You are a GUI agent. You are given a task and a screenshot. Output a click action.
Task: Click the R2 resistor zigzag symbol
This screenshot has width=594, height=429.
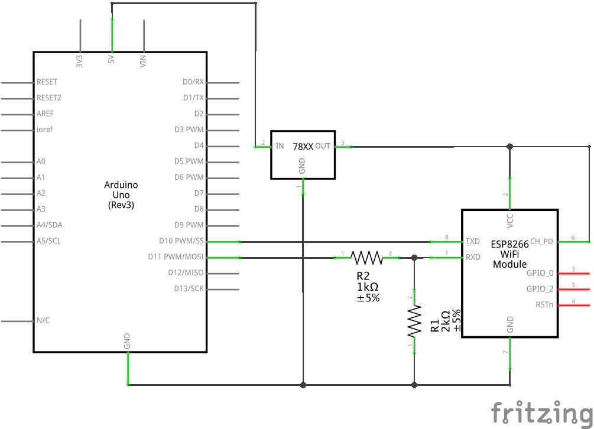click(x=366, y=258)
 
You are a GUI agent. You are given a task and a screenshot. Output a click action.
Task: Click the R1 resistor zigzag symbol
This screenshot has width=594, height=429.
click(x=414, y=321)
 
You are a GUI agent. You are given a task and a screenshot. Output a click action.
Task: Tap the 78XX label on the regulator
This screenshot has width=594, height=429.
click(x=303, y=147)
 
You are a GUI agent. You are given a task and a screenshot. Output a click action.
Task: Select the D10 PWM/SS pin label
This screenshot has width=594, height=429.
click(x=181, y=241)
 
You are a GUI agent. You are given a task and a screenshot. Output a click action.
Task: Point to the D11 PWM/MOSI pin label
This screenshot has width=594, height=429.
click(x=176, y=256)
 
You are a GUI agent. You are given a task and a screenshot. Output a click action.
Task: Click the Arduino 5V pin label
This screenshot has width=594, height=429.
click(x=111, y=60)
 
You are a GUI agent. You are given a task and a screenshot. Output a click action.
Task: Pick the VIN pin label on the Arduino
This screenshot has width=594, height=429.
click(x=143, y=61)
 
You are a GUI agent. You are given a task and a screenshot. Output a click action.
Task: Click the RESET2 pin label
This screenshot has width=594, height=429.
click(x=49, y=97)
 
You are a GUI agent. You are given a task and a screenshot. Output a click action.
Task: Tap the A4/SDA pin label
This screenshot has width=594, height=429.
click(x=49, y=225)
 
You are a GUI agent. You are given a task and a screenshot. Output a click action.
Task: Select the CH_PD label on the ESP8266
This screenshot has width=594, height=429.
click(x=541, y=241)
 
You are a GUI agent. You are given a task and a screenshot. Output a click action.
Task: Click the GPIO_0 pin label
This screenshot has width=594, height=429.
click(x=540, y=273)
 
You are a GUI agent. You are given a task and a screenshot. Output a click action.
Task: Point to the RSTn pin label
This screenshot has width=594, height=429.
click(x=544, y=305)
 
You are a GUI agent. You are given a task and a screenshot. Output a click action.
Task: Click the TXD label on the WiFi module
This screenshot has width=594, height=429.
click(x=473, y=241)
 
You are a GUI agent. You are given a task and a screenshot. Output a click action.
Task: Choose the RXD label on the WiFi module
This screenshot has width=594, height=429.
click(x=473, y=257)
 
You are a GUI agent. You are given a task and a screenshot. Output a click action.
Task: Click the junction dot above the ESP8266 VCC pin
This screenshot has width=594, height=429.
click(x=510, y=147)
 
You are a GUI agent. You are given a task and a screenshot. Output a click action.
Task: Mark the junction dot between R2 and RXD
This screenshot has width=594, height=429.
click(x=414, y=258)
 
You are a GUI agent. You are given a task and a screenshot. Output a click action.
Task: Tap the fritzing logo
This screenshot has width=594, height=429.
click(x=542, y=412)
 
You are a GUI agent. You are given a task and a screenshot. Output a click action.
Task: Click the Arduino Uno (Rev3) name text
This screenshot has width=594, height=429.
click(x=121, y=195)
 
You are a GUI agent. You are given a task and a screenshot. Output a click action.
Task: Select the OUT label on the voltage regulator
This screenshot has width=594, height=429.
click(x=323, y=146)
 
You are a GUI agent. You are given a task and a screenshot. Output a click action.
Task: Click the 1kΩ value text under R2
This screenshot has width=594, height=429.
click(x=368, y=287)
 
